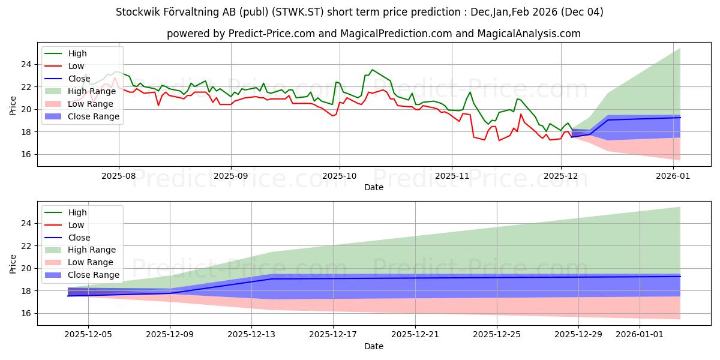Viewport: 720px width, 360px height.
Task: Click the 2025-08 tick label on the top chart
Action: pyautogui.click(x=118, y=177)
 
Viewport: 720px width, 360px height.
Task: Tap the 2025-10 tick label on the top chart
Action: pyautogui.click(x=340, y=177)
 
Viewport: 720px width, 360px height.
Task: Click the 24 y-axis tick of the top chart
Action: pyautogui.click(x=27, y=64)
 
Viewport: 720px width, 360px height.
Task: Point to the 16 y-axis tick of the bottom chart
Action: pyautogui.click(x=27, y=313)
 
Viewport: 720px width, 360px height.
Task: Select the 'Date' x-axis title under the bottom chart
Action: pyautogui.click(x=374, y=347)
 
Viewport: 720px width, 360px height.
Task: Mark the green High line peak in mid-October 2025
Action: pyautogui.click(x=372, y=70)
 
